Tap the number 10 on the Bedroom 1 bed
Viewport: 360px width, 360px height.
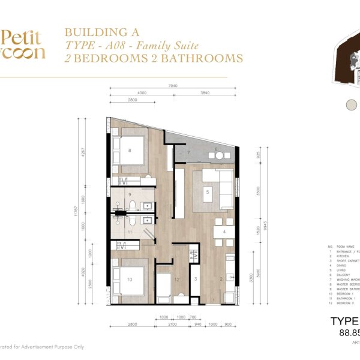[x=129, y=279]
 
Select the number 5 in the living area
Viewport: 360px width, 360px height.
[x=207, y=192]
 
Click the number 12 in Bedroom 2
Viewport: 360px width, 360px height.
[x=176, y=280]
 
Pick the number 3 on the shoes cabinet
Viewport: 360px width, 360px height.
[x=196, y=280]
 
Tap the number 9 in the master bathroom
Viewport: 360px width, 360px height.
[x=130, y=195]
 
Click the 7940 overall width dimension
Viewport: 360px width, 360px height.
[x=173, y=86]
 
